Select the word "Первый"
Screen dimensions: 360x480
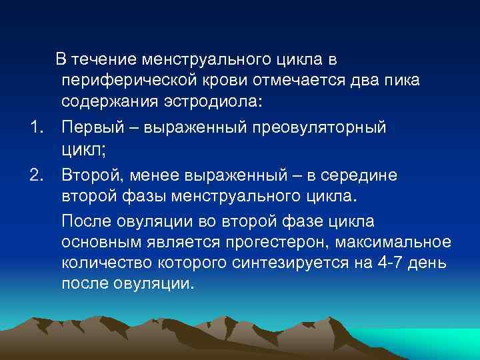pyautogui.click(x=92, y=127)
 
